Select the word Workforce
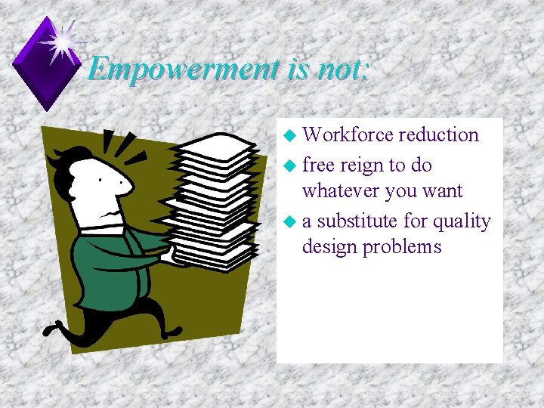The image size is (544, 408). [x=348, y=135]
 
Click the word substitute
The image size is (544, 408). [x=356, y=221]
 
